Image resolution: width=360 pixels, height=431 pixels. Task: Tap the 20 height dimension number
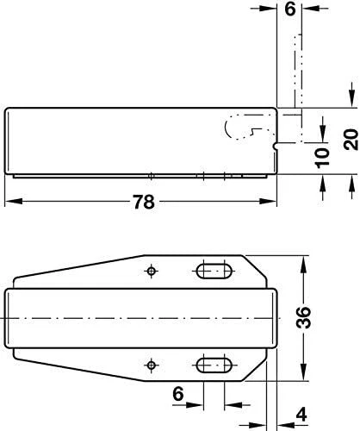[x=350, y=139]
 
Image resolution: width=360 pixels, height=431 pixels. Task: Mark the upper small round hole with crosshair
[x=152, y=272]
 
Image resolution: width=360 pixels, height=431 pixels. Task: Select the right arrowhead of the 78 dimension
[x=275, y=203]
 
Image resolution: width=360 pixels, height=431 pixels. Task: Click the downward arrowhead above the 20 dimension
[x=350, y=99]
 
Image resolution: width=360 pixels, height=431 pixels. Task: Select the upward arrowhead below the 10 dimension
[x=321, y=182]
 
